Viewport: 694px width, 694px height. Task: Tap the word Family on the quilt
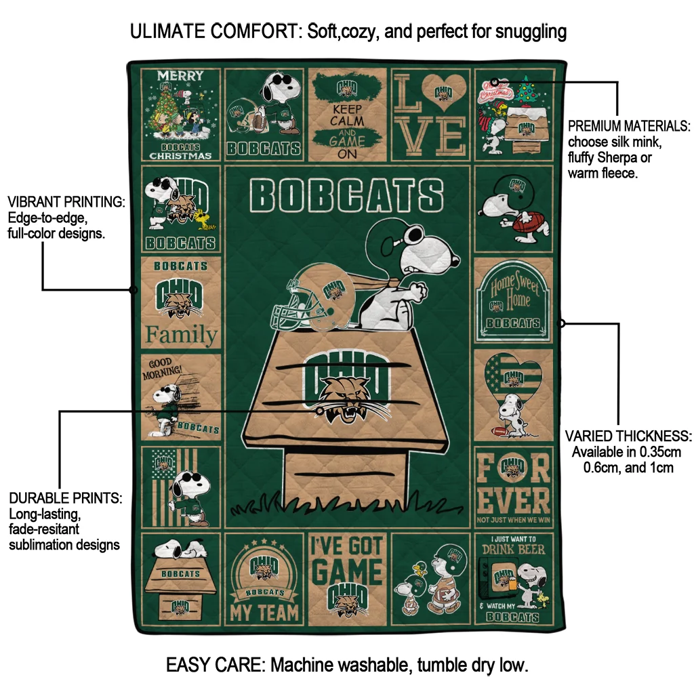pos(182,335)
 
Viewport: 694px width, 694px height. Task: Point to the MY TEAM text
pos(265,613)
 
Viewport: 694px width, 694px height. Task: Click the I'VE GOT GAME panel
pos(347,576)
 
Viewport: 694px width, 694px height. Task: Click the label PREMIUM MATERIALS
pos(628,126)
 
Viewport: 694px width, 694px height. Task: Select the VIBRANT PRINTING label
pos(66,203)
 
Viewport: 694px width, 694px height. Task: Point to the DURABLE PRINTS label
pos(65,498)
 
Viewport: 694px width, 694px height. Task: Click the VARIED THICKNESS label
pos(628,435)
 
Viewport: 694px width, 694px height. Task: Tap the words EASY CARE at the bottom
pos(215,665)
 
